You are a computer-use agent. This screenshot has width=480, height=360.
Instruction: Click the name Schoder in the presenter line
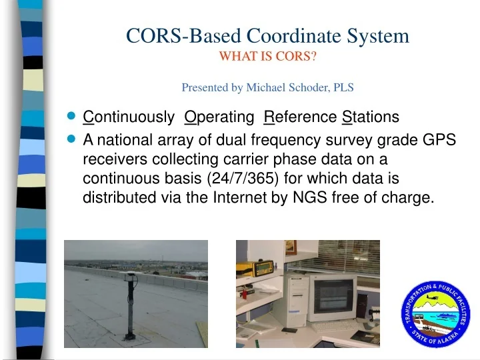coord(313,87)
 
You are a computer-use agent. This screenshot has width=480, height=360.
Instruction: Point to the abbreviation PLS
coord(344,87)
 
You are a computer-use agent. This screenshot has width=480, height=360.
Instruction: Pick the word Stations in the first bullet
coord(370,117)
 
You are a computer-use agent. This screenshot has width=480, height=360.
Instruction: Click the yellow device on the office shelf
coord(263,265)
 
